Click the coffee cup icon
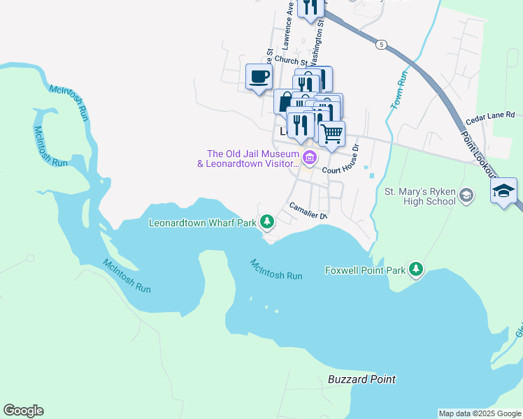259,77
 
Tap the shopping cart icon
331,133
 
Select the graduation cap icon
503,191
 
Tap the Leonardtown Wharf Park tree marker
266,223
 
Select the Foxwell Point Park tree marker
416,270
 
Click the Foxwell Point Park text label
366,270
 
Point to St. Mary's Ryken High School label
420,196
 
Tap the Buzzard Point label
361,379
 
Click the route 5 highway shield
380,45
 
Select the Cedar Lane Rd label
490,117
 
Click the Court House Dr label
339,162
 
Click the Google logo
23,411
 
